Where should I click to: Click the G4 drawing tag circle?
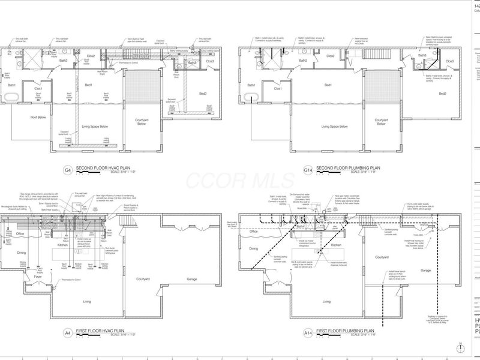[68, 171]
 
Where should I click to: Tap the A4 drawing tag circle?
[68, 331]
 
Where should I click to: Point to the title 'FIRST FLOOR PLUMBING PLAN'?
[346, 329]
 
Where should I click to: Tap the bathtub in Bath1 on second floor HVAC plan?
[14, 94]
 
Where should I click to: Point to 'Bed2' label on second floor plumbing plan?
[442, 94]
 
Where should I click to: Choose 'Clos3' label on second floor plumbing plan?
[449, 61]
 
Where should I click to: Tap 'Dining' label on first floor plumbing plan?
[253, 248]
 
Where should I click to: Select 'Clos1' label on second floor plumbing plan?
[278, 89]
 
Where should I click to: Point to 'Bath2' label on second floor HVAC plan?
[63, 61]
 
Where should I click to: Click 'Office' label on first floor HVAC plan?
[20, 233]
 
